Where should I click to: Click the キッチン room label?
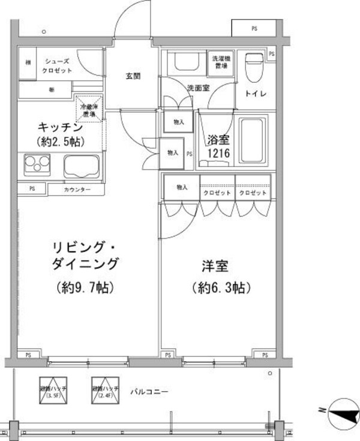(x=60, y=128)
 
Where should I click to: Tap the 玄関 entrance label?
(x=133, y=77)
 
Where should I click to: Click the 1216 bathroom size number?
(x=218, y=154)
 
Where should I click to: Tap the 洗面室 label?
(x=198, y=88)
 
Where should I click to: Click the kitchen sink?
(x=82, y=166)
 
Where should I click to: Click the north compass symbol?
(x=343, y=412)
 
